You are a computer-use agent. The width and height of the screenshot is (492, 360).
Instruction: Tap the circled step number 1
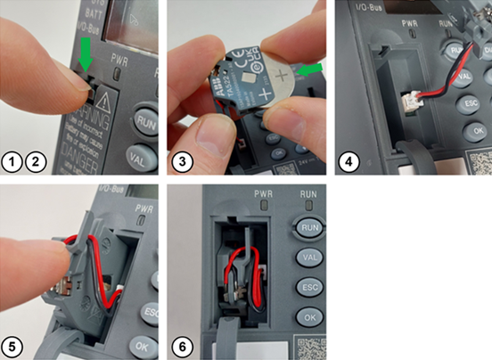point(12,161)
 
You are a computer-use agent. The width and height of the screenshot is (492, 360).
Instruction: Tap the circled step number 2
point(34,161)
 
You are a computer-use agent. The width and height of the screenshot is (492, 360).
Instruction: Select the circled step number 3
point(181,161)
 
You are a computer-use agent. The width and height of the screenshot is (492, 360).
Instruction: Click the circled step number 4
point(348,161)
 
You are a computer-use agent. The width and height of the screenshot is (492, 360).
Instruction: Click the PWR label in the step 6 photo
point(262,192)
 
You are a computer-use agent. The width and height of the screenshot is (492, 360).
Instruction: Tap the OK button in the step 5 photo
point(143,345)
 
